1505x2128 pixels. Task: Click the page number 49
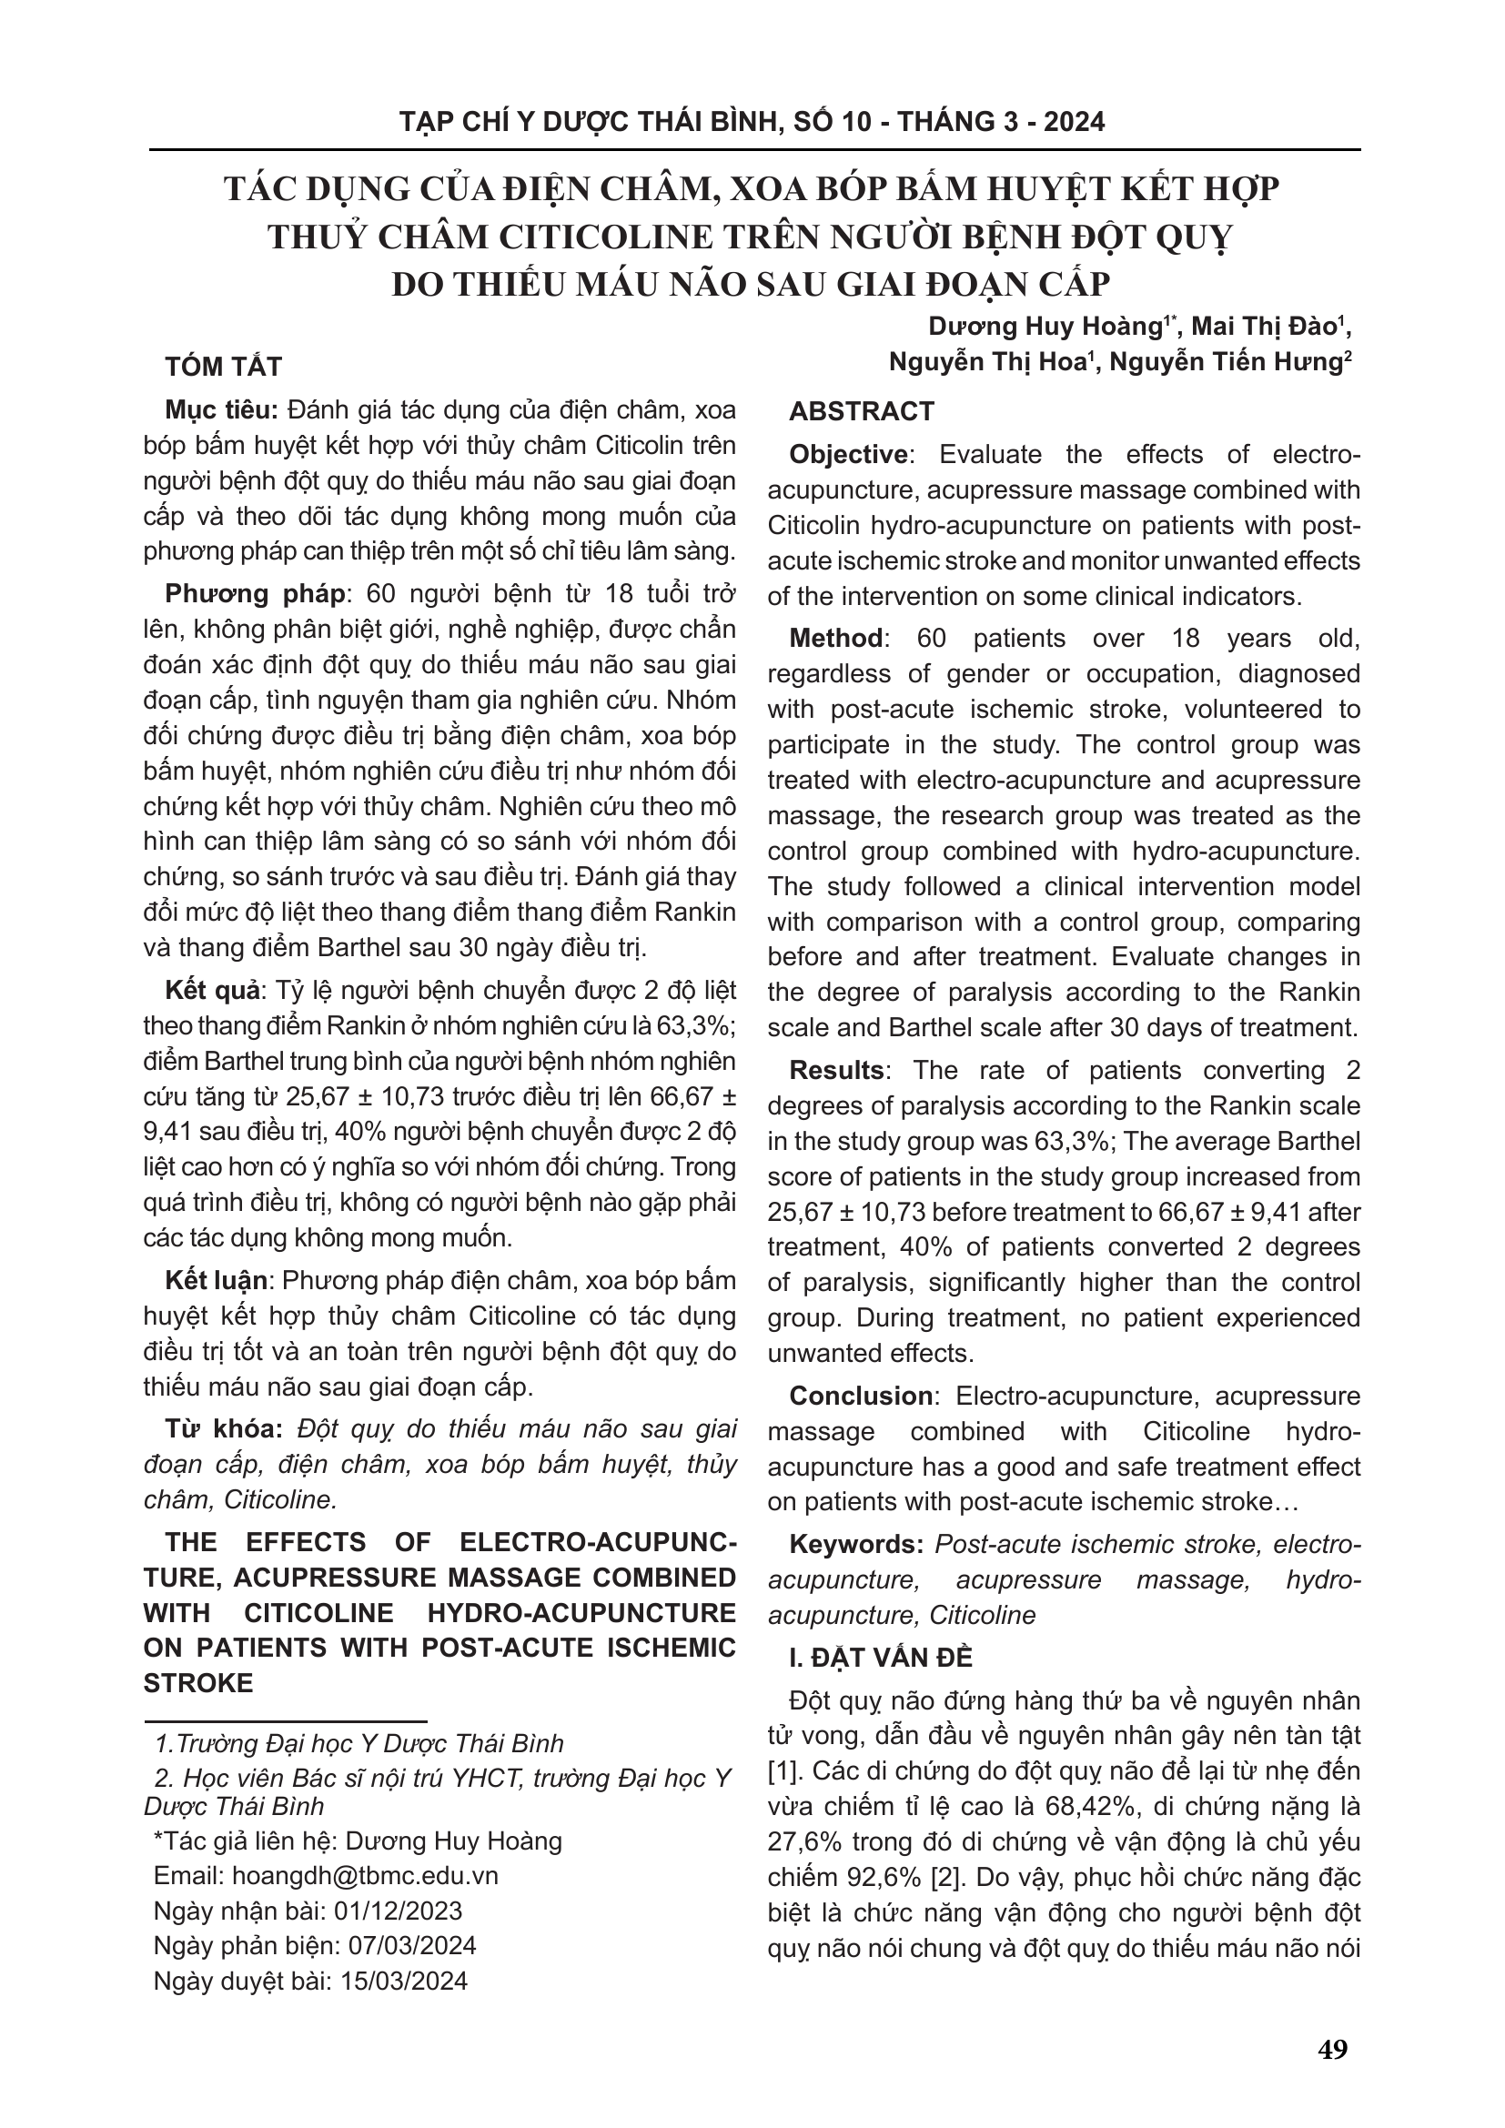pyautogui.click(x=1333, y=2050)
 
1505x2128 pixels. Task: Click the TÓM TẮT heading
pyautogui.click(x=223, y=367)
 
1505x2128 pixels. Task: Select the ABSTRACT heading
pyautogui.click(x=862, y=411)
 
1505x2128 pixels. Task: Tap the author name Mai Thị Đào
pyautogui.click(x=1264, y=328)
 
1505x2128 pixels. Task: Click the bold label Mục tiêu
pyautogui.click(x=222, y=410)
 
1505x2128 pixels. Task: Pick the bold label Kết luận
pyautogui.click(x=217, y=1281)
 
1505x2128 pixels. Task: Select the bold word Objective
pyautogui.click(x=848, y=455)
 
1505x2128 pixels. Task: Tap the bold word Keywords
pyautogui.click(x=856, y=1545)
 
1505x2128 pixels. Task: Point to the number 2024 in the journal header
pyautogui.click(x=1074, y=122)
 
